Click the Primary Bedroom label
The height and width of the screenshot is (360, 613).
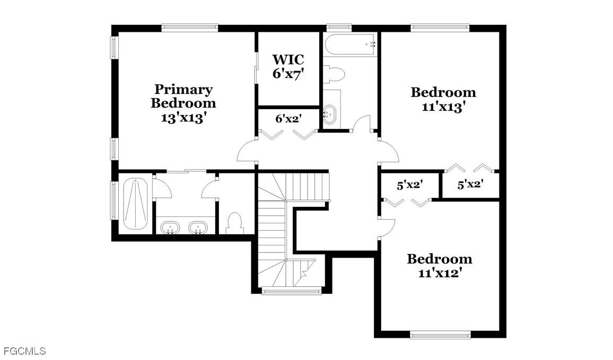click(x=183, y=96)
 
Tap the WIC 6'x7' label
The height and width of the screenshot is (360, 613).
click(x=288, y=66)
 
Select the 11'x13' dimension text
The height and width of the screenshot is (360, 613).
click(x=444, y=107)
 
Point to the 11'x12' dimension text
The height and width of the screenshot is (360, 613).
click(x=440, y=273)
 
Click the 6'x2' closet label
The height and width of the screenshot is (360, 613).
click(x=288, y=118)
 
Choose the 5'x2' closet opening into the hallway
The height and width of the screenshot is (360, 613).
click(x=410, y=185)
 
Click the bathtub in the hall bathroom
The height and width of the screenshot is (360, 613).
click(x=351, y=45)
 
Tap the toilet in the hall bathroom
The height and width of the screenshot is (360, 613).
click(x=334, y=74)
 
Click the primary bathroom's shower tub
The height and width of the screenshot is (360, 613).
click(x=135, y=204)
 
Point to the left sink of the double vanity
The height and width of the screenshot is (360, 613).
click(x=170, y=227)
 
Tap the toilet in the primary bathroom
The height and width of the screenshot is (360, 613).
click(x=235, y=222)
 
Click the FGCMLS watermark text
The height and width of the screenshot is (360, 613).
click(x=23, y=351)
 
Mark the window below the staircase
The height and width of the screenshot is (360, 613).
click(x=291, y=291)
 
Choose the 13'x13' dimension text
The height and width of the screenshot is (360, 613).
click(x=183, y=118)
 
